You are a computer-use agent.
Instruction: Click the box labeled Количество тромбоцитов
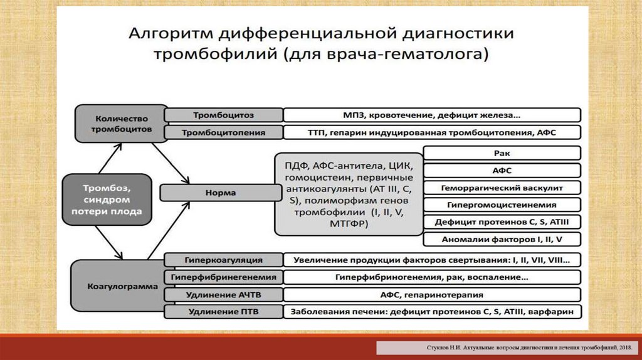click(121, 123)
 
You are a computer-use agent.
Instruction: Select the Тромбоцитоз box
click(223, 115)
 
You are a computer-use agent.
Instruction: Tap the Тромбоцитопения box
click(223, 132)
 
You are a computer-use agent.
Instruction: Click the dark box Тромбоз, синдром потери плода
click(109, 199)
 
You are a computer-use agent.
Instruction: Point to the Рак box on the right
click(502, 153)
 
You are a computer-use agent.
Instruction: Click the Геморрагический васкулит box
click(502, 188)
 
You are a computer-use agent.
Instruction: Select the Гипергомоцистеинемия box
click(502, 204)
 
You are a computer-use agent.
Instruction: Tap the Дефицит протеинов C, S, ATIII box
click(502, 221)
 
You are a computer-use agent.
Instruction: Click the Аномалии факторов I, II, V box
click(502, 239)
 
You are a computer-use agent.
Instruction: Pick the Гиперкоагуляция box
click(223, 260)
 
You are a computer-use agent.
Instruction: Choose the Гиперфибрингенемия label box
click(223, 277)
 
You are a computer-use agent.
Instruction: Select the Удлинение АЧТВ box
click(223, 294)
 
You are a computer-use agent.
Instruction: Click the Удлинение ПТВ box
click(223, 312)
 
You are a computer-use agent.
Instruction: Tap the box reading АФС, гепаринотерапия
click(431, 294)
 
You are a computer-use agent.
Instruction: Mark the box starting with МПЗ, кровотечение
click(431, 115)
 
